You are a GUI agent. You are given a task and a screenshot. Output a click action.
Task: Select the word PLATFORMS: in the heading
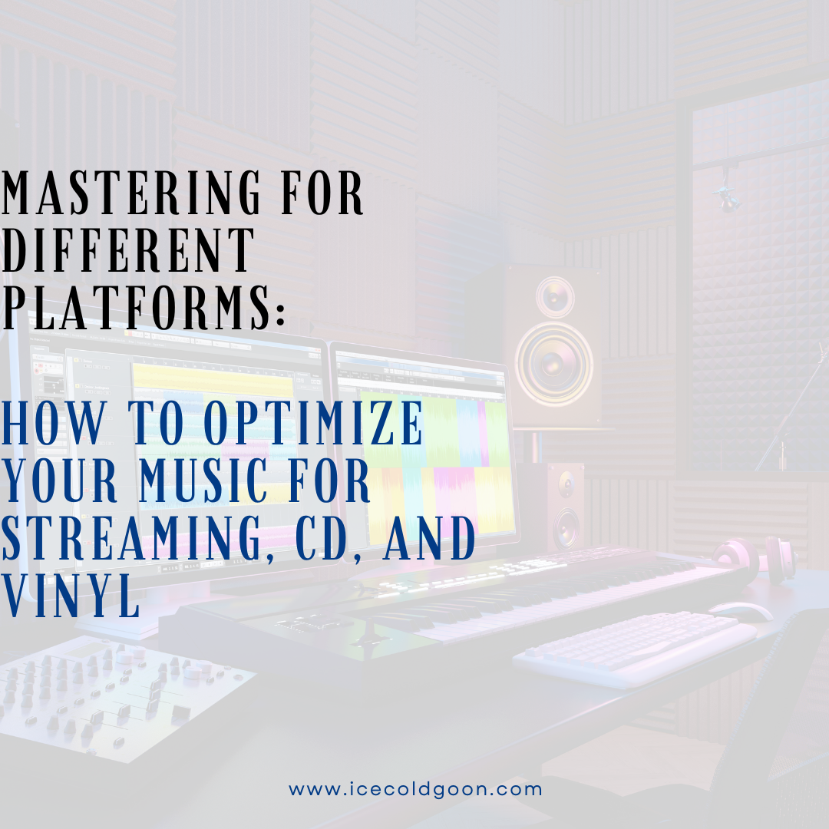pyautogui.click(x=144, y=305)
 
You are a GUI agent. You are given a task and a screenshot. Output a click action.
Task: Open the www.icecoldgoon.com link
pyautogui.click(x=415, y=789)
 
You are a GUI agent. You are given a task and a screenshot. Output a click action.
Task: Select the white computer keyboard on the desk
pyautogui.click(x=636, y=646)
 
